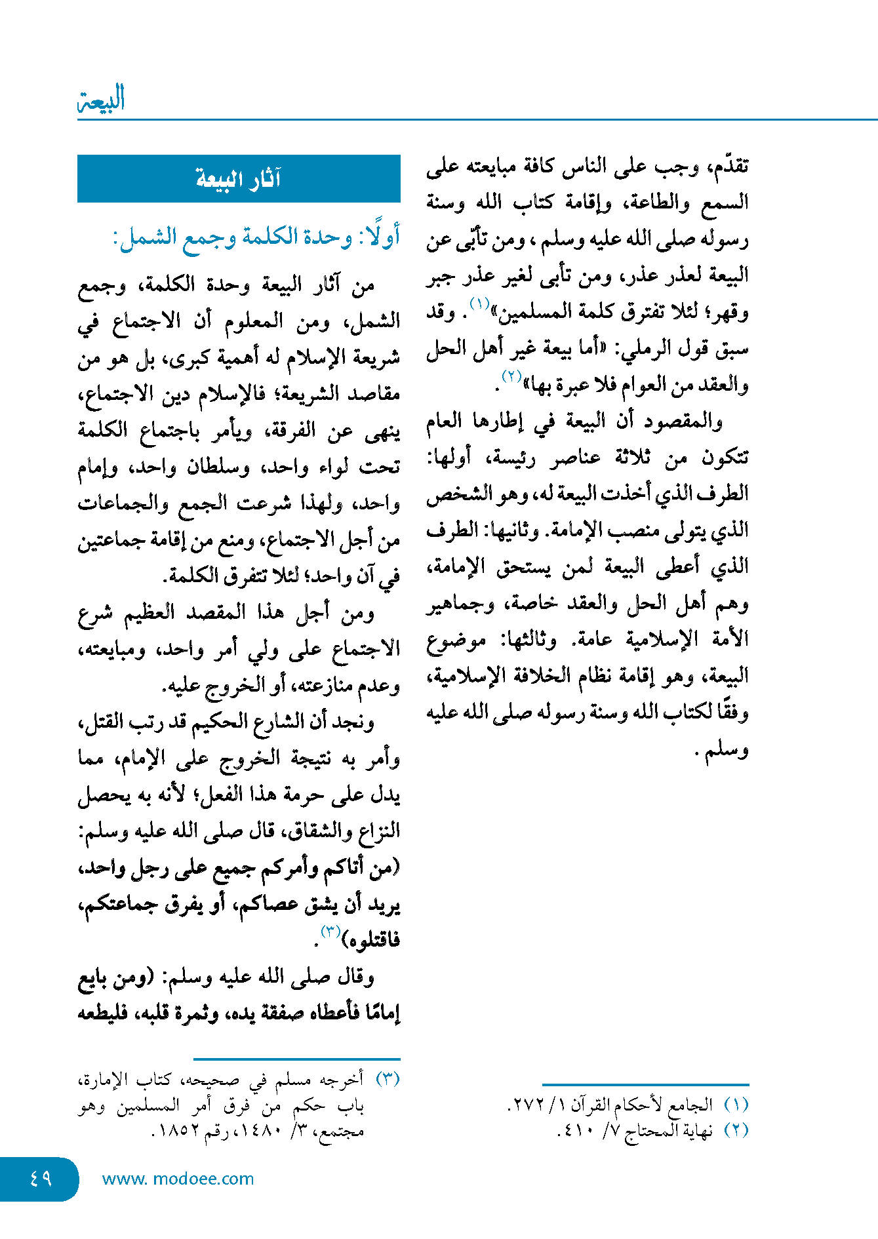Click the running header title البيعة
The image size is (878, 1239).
click(x=101, y=100)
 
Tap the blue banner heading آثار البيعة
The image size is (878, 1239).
click(x=239, y=178)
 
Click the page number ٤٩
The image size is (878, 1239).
click(x=41, y=1178)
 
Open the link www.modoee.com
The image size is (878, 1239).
click(x=178, y=1179)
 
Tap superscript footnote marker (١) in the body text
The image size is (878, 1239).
click(x=479, y=304)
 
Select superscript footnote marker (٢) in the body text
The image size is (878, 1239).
click(x=511, y=376)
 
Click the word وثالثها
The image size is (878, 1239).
click(x=529, y=639)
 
